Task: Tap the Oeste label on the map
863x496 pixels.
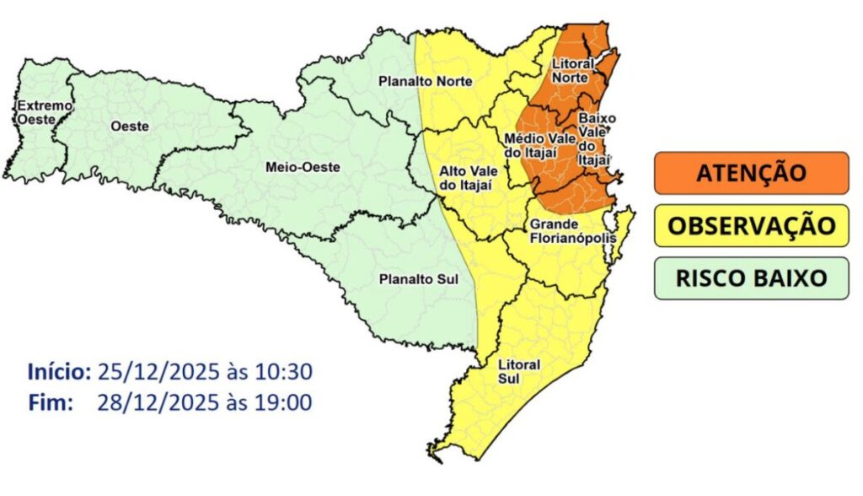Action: pos(129,126)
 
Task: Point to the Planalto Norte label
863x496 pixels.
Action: pos(425,81)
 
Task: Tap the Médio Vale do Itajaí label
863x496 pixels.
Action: pos(539,145)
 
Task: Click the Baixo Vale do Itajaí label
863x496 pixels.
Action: pos(594,140)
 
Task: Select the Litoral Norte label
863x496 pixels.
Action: pos(572,70)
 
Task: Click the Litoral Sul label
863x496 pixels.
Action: pos(520,371)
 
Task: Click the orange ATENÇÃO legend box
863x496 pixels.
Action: pos(751,173)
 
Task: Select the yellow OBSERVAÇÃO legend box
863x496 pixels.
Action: pos(751,225)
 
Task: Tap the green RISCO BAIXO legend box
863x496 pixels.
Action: pos(751,278)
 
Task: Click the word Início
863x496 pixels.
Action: pos(58,371)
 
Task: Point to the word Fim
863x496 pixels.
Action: pos(51,402)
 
